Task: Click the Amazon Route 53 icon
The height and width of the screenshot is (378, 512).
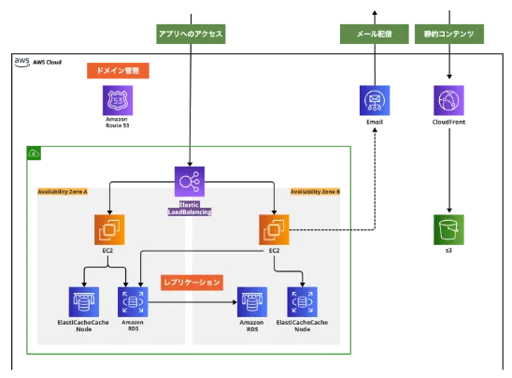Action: (x=118, y=100)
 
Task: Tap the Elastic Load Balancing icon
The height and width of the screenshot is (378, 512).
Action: (x=190, y=182)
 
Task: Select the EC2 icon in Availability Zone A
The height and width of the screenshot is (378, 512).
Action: (x=109, y=229)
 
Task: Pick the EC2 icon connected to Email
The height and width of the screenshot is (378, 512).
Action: (x=274, y=229)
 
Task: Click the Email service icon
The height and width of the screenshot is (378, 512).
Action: (x=375, y=100)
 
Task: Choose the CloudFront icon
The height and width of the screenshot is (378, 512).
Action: (x=448, y=100)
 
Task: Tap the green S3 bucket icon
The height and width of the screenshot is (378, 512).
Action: (x=448, y=229)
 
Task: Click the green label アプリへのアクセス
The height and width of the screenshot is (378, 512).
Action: (x=191, y=34)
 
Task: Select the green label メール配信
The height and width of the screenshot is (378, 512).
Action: (x=375, y=34)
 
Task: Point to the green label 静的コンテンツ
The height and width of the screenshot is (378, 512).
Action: (x=449, y=34)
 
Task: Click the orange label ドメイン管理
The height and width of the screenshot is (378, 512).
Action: (x=118, y=70)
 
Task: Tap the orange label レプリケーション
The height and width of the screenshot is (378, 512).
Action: (x=192, y=283)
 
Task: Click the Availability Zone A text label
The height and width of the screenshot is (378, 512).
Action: (x=63, y=192)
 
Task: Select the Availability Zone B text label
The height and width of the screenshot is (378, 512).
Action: (x=315, y=192)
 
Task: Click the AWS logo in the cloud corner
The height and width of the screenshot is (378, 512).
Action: (x=22, y=62)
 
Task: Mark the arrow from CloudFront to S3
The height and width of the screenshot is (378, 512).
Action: (x=449, y=170)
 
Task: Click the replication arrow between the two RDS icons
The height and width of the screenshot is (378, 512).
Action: (x=192, y=302)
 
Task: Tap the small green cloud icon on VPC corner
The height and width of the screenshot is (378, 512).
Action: (x=34, y=153)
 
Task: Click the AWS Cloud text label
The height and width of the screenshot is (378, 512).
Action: (x=48, y=62)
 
